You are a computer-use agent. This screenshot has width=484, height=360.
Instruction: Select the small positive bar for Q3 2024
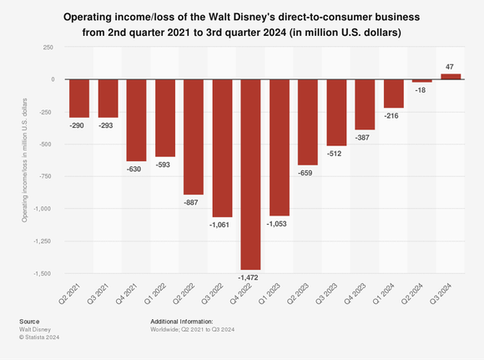click(451, 76)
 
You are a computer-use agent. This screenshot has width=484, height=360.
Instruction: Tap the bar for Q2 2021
click(79, 98)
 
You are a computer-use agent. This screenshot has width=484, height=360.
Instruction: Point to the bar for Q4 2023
click(365, 104)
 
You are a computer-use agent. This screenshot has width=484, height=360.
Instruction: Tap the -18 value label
click(422, 89)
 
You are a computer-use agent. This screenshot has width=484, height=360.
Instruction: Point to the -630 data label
click(136, 168)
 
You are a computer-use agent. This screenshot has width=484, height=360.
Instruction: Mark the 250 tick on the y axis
click(48, 48)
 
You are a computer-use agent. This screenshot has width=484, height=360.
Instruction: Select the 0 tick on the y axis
click(53, 79)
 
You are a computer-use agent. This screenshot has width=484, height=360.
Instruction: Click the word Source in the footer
click(28, 321)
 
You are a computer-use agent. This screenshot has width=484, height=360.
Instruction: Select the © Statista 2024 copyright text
click(39, 337)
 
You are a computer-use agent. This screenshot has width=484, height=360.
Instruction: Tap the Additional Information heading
click(181, 321)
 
